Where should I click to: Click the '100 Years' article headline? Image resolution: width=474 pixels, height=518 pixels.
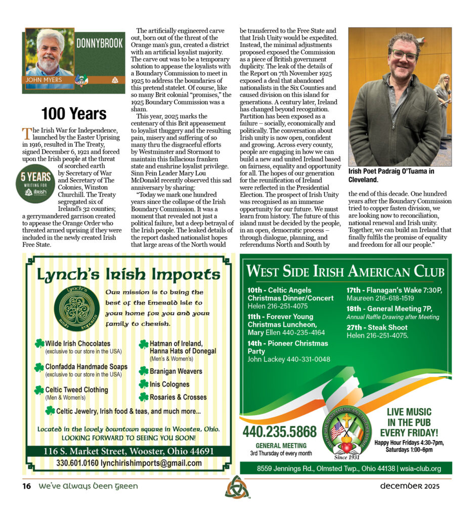pos(74,113)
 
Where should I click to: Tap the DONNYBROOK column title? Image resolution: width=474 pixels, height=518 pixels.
pos(99,44)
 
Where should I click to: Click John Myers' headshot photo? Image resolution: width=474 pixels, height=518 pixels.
pos(49,53)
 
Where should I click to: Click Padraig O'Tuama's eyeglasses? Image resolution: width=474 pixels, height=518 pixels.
pos(403,55)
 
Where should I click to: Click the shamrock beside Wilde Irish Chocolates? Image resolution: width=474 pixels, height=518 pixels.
pos(39,343)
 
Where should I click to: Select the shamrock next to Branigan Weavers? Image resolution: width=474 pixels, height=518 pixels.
pos(144,371)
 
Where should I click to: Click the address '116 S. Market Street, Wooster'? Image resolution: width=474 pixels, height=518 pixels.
pos(128,451)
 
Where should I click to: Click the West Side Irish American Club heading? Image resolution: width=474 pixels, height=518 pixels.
pos(345,271)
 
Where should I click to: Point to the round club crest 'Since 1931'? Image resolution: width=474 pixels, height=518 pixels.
pos(347,431)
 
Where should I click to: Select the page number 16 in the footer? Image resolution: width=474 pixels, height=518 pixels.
pos(26,487)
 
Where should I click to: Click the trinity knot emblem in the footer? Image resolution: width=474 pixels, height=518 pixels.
pos(237,487)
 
